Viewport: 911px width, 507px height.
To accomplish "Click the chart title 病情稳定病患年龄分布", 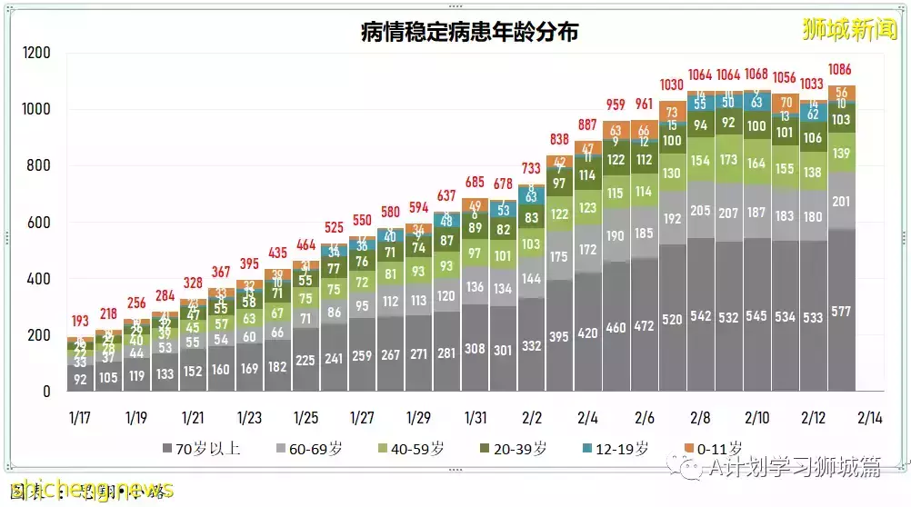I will pyautogui.click(x=469, y=33).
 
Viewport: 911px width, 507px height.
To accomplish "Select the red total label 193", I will pyautogui.click(x=81, y=322).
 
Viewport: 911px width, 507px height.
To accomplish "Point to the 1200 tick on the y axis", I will pyautogui.click(x=36, y=54).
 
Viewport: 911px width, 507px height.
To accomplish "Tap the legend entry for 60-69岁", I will pyautogui.click(x=309, y=449).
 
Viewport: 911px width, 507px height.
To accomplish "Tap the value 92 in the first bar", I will pyautogui.click(x=81, y=380).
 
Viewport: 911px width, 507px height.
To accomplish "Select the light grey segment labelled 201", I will pyautogui.click(x=841, y=201).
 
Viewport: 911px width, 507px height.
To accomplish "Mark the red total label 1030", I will pyautogui.click(x=673, y=84).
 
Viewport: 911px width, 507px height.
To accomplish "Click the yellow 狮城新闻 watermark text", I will pyautogui.click(x=850, y=29).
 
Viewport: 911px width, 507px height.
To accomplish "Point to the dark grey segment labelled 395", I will pyautogui.click(x=559, y=336).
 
